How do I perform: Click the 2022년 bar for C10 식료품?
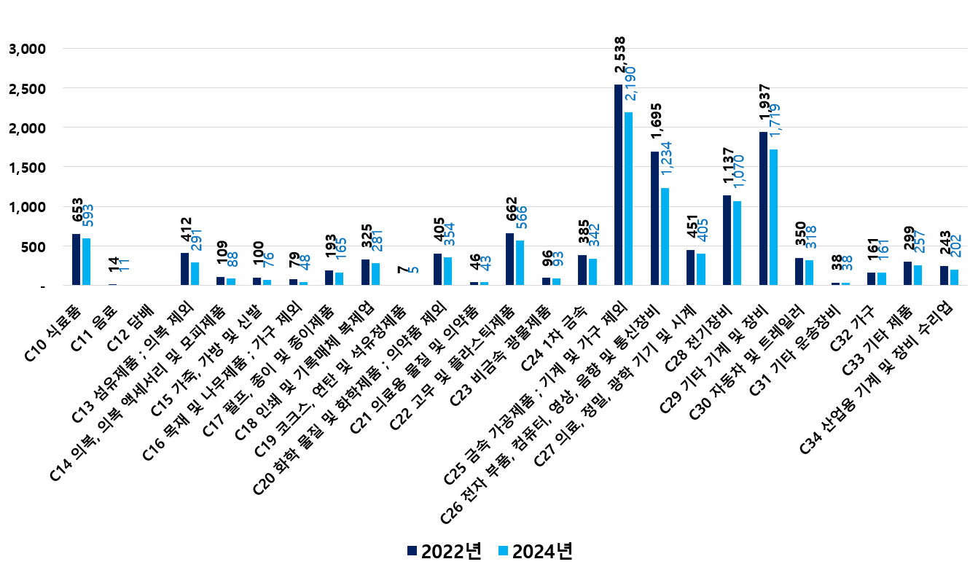click(77, 259)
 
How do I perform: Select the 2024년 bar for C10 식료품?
click(87, 262)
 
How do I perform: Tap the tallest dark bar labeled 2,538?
click(618, 185)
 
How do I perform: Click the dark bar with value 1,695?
click(654, 219)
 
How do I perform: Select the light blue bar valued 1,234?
click(665, 237)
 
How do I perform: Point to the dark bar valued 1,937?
click(763, 208)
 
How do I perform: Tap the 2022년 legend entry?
click(445, 551)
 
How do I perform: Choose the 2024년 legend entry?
click(535, 551)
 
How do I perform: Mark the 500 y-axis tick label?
click(33, 246)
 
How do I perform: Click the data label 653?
click(77, 210)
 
